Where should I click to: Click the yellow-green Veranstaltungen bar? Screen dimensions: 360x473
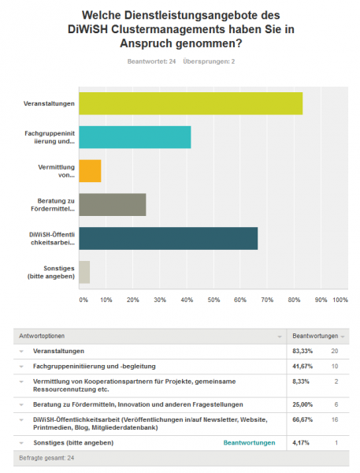191,103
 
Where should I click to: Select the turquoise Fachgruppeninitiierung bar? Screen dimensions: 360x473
135,137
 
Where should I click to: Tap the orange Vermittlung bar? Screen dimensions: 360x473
90,171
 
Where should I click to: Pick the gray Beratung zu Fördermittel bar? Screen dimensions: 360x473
113,205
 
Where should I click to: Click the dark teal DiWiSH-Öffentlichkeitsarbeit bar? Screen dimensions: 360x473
169,239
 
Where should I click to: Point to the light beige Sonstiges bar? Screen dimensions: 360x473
84,272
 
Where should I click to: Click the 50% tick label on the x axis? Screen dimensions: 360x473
213,300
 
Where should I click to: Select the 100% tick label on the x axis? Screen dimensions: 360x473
340,300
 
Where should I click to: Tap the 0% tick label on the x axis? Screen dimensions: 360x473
84,300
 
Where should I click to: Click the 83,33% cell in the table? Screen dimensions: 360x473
302,351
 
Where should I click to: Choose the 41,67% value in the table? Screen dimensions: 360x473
302,367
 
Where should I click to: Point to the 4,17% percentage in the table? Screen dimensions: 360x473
301,443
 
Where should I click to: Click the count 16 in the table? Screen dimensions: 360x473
335,419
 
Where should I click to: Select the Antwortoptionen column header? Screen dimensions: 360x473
42,336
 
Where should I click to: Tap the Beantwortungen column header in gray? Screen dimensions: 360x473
315,336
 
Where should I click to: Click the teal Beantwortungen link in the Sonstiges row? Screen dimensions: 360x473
250,443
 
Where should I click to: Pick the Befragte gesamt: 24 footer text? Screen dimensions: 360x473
46,458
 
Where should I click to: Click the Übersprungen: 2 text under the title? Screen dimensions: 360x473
209,61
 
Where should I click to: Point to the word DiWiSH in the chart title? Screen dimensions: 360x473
87,29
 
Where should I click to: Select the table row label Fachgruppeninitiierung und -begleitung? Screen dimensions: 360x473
95,367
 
